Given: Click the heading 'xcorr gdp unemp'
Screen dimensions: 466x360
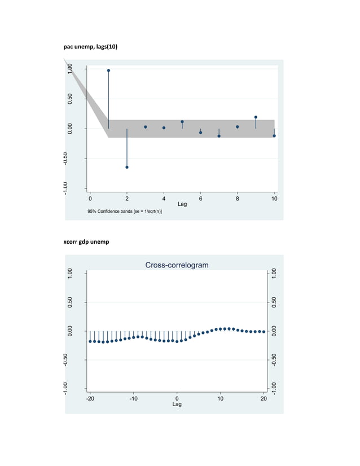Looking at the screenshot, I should (86, 242).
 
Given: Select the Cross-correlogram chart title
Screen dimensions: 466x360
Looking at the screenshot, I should (177, 265).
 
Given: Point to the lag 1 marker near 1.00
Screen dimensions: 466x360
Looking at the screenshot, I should (108, 71).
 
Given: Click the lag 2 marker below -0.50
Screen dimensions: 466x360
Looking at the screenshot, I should (127, 167).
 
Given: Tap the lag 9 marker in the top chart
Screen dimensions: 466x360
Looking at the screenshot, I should (256, 117).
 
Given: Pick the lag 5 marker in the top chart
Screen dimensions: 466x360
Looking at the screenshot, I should (182, 122).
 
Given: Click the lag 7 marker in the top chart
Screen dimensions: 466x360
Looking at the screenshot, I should (219, 136).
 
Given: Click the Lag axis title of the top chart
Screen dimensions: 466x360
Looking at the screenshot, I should (182, 204).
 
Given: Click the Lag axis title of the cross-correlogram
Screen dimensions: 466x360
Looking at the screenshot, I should (177, 405).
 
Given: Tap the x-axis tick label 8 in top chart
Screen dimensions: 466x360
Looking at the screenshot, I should (238, 199).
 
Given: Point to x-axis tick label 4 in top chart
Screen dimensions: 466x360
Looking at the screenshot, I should (164, 199).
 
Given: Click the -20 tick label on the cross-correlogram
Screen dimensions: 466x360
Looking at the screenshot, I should (90, 398).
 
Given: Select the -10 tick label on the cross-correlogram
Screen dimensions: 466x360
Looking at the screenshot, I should (133, 398).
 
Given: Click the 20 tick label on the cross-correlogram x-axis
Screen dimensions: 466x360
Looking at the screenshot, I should (264, 398).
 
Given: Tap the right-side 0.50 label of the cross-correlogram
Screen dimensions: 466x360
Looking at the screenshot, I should (274, 302).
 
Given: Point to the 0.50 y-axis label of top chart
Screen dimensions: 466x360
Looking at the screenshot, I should (70, 99).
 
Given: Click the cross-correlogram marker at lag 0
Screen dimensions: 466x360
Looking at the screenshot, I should (177, 341).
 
